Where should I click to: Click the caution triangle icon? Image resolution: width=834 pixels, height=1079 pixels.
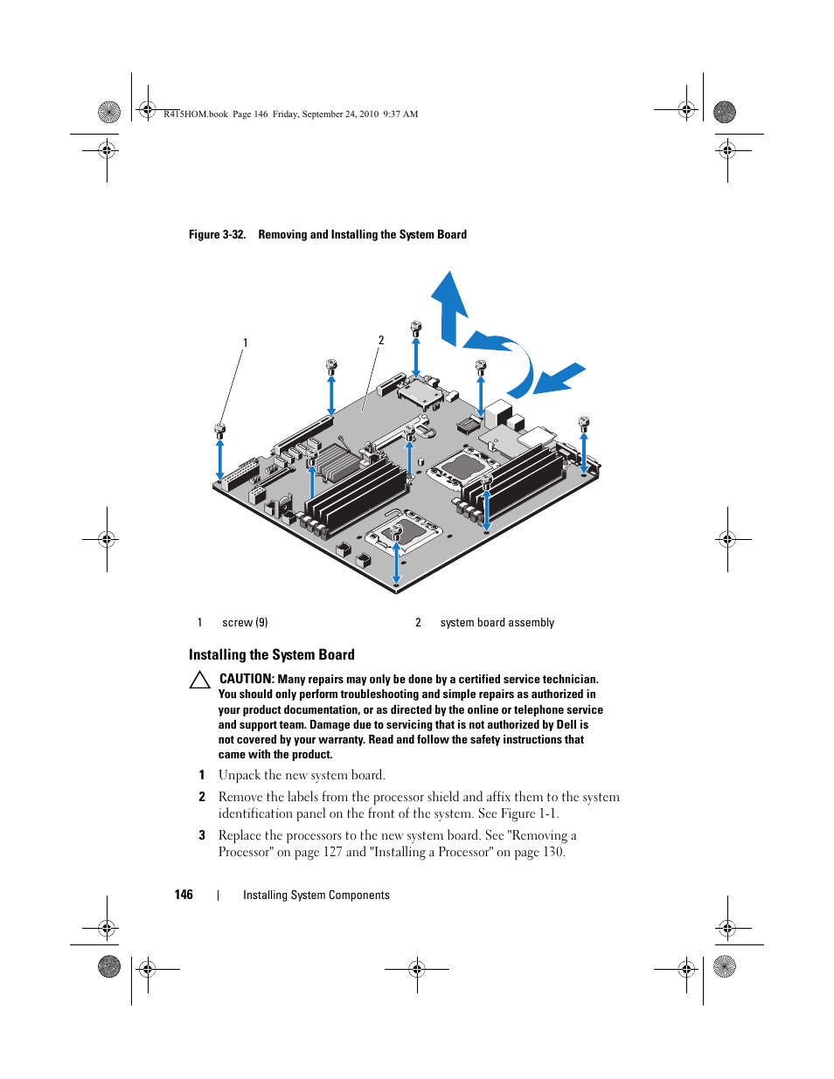click(x=200, y=680)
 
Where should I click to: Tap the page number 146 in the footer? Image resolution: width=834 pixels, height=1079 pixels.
click(x=184, y=895)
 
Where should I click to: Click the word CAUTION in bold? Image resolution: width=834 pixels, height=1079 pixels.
click(x=247, y=679)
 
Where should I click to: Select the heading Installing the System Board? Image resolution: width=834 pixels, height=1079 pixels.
click(x=272, y=655)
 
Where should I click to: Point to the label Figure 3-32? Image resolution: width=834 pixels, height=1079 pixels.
click(x=217, y=235)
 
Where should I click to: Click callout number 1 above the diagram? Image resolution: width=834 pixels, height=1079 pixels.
click(x=246, y=343)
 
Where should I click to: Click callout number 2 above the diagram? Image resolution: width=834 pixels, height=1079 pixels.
click(x=381, y=341)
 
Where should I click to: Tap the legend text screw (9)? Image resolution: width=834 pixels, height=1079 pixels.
click(x=245, y=623)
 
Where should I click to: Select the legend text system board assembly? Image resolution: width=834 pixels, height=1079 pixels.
click(x=497, y=623)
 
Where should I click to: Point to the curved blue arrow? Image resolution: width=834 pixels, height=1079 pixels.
click(x=507, y=358)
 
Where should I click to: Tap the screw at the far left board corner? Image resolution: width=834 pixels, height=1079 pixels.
click(x=220, y=429)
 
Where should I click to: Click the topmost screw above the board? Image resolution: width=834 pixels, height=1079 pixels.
click(x=416, y=328)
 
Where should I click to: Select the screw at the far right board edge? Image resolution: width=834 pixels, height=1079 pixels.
click(x=584, y=424)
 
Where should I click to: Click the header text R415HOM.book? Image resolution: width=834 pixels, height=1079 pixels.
click(x=196, y=114)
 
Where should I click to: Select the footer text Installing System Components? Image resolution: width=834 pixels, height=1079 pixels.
click(x=316, y=896)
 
